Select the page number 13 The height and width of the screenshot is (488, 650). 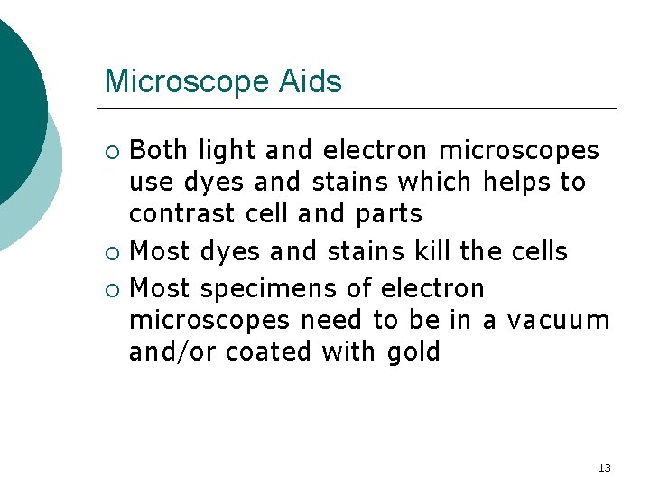click(x=604, y=467)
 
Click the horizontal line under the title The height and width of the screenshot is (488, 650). click(x=361, y=108)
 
